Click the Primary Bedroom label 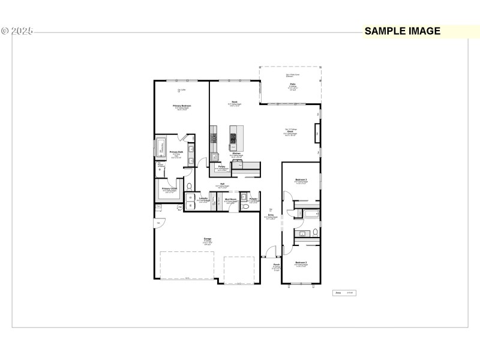pyautogui.click(x=181, y=106)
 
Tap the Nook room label pyautogui.click(x=235, y=102)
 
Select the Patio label pyautogui.click(x=292, y=85)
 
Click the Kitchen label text pyautogui.click(x=236, y=154)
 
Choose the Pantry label pyautogui.click(x=221, y=166)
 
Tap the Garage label pyautogui.click(x=207, y=239)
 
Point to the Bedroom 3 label pyautogui.click(x=301, y=180)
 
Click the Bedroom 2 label pyautogui.click(x=301, y=263)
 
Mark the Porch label pyautogui.click(x=277, y=265)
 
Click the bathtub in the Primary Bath pyautogui.click(x=161, y=146)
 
